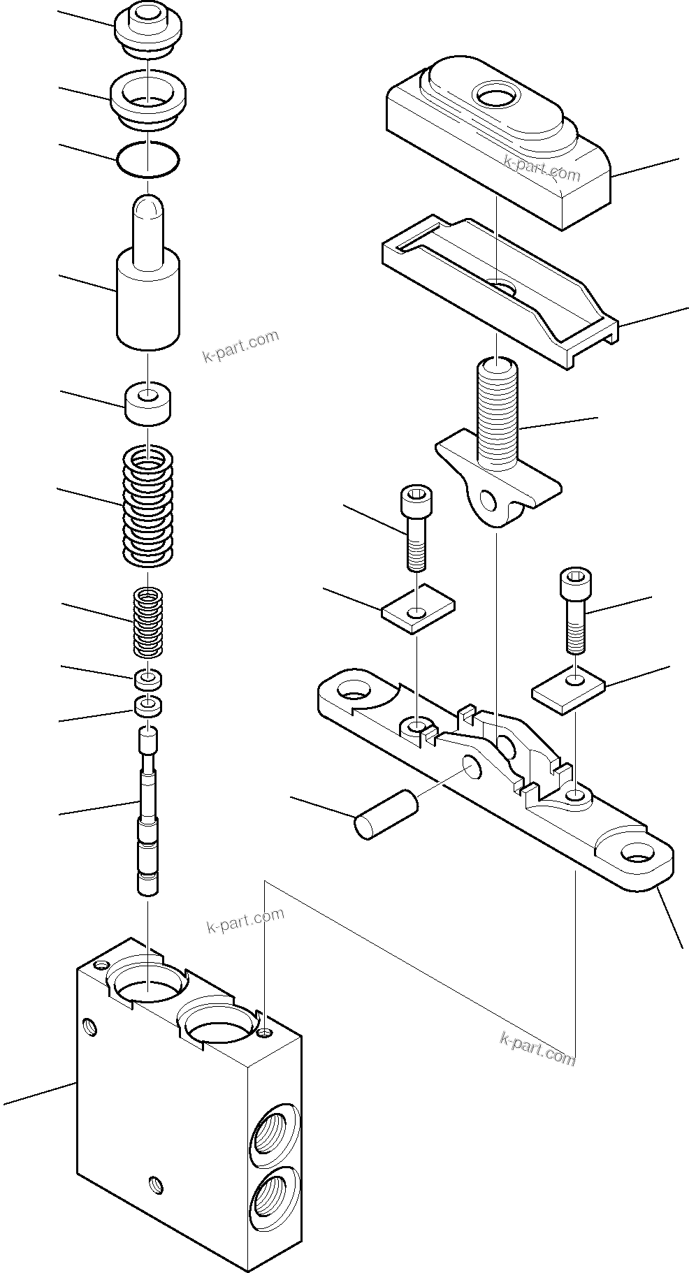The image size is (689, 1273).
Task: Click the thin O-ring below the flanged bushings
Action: (x=148, y=160)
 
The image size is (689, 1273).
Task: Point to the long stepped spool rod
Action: (x=147, y=810)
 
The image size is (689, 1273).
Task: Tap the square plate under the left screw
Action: (x=418, y=603)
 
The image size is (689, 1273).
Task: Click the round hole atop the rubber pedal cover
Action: (x=495, y=94)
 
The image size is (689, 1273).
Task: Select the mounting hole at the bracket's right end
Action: (x=637, y=852)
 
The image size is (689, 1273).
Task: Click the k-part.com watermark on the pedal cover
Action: (x=542, y=167)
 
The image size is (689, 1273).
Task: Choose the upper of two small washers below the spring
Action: (x=147, y=678)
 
